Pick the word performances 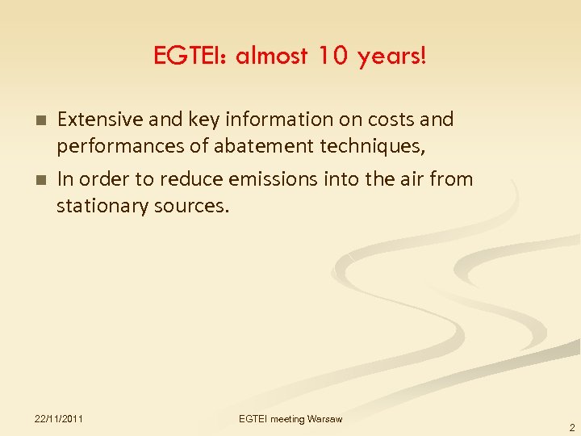[x=114, y=146]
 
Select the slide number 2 [x=571, y=428]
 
